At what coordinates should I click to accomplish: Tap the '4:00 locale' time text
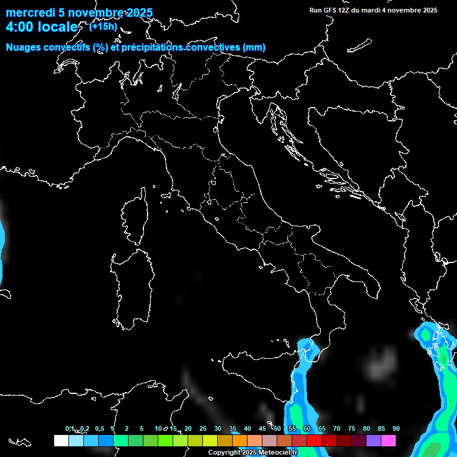(42, 27)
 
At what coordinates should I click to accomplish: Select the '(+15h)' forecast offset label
(103, 26)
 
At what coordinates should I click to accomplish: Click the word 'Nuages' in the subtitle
(24, 48)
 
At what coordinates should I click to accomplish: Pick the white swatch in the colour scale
(61, 440)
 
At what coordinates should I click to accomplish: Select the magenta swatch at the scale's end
(389, 440)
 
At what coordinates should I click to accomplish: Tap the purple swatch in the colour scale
(374, 440)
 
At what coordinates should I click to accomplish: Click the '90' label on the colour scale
(396, 429)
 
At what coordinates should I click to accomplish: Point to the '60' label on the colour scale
(306, 429)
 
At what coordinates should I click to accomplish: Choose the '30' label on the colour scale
(217, 429)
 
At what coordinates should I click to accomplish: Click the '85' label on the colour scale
(381, 429)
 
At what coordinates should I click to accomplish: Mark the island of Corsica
(134, 217)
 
